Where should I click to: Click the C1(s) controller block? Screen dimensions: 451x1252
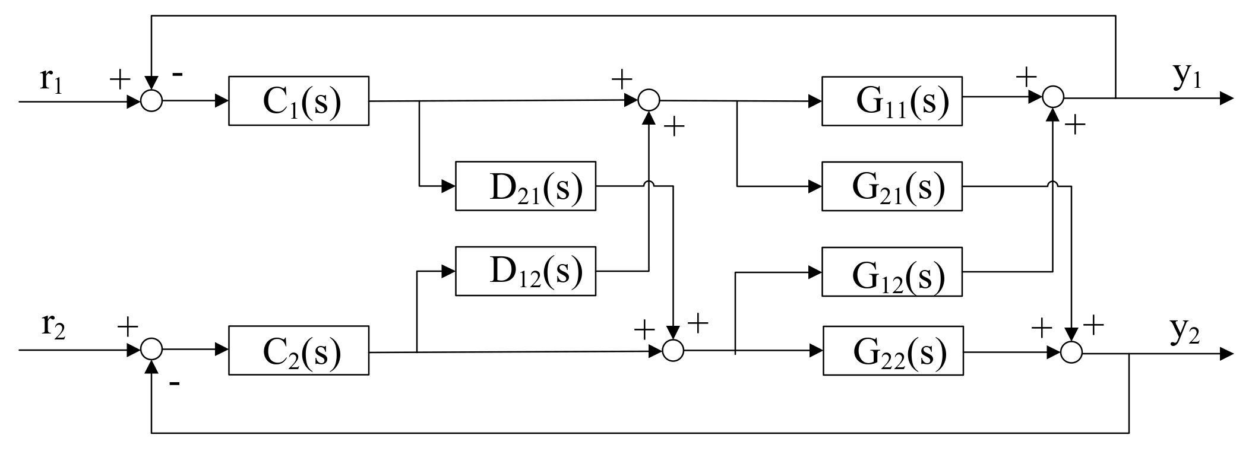[298, 101]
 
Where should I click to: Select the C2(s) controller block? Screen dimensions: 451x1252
[298, 350]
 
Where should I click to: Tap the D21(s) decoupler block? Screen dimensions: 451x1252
[525, 186]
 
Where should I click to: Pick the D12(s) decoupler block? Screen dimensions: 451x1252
[525, 271]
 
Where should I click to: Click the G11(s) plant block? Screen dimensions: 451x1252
[891, 101]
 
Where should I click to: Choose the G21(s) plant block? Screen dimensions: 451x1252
[891, 186]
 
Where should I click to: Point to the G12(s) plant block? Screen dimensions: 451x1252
[891, 272]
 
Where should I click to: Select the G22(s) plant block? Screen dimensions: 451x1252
[893, 351]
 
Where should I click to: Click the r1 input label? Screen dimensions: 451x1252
[50, 80]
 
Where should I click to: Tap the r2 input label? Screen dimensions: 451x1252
[53, 327]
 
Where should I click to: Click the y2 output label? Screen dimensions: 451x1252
[1185, 333]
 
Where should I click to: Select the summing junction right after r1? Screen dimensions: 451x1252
[151, 101]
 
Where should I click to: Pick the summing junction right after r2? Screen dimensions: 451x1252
[151, 350]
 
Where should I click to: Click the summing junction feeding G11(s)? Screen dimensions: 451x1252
[649, 101]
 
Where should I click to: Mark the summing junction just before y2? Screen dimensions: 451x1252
[1071, 352]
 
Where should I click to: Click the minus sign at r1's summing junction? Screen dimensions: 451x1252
[176, 75]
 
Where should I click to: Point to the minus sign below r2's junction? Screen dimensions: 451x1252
[174, 384]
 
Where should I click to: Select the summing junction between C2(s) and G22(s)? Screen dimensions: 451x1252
[673, 350]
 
